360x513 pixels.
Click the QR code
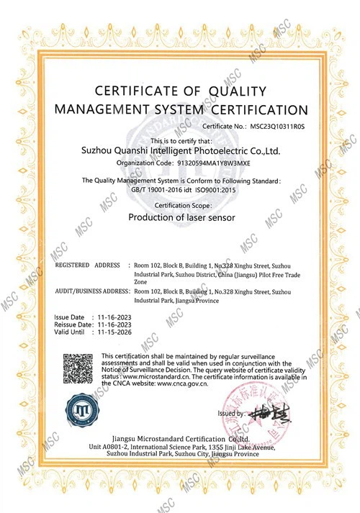[x=79, y=371]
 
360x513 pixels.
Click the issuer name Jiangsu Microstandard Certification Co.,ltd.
[x=181, y=437]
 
